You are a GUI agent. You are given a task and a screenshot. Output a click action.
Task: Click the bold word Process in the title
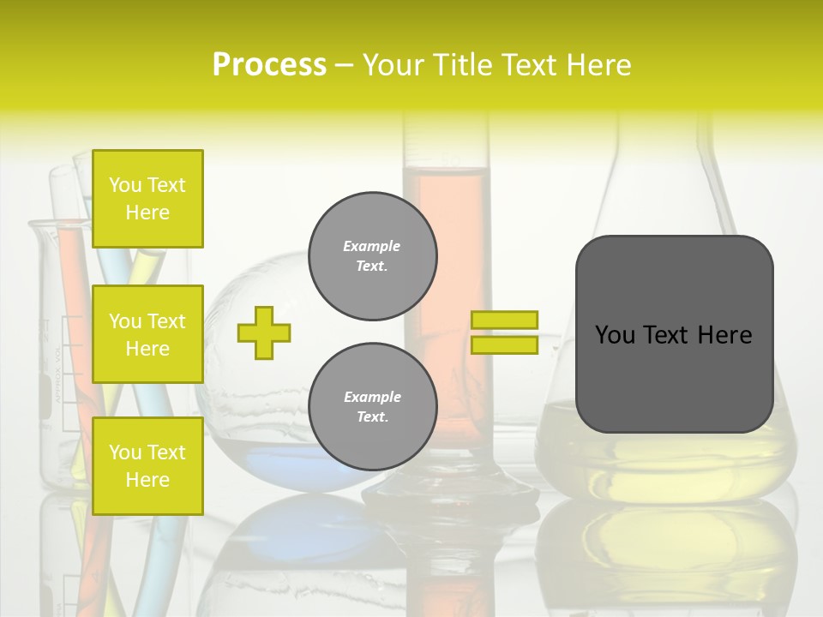click(x=269, y=65)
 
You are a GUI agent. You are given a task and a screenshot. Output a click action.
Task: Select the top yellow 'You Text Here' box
click(x=147, y=199)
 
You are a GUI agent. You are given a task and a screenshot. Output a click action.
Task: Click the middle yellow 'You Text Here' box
click(x=147, y=334)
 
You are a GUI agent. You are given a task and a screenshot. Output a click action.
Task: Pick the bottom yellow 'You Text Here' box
click(x=147, y=466)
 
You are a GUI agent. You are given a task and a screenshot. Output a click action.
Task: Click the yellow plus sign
click(x=264, y=332)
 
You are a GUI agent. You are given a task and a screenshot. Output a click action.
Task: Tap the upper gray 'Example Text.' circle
click(x=372, y=256)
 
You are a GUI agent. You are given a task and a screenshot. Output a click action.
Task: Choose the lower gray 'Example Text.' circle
click(x=372, y=407)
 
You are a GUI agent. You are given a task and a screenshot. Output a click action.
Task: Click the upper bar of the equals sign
click(x=504, y=320)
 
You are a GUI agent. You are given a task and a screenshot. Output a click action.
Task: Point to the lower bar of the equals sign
click(x=504, y=345)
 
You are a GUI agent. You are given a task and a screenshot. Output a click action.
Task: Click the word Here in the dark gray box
click(x=724, y=335)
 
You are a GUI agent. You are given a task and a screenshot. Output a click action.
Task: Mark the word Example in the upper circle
click(x=372, y=246)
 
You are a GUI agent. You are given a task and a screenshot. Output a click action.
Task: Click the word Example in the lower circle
click(x=372, y=397)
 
